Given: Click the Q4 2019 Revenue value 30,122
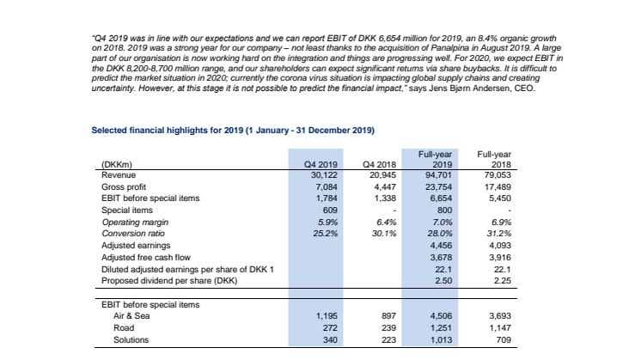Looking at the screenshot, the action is point(324,175).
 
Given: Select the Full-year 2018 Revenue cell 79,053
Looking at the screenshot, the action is point(498,175).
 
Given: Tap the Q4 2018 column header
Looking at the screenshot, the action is point(380,164).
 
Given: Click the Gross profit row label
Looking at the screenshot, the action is point(124,186).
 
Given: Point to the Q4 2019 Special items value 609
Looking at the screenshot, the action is point(330,210).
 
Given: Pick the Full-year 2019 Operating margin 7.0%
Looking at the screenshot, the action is point(443,223).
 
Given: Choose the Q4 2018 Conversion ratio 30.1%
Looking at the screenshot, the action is point(384,234).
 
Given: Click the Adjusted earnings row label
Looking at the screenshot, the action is point(136,246).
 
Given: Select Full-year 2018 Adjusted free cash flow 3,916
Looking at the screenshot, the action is point(500,258).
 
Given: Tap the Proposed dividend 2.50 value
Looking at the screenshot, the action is point(443,281).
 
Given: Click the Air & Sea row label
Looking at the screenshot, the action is point(131,316).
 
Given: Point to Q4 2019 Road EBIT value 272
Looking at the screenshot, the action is point(330,327).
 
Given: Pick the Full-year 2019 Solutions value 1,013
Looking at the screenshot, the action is point(441,339).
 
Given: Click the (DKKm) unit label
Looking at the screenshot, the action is point(117,165).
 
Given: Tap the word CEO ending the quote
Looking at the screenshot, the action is point(525,88).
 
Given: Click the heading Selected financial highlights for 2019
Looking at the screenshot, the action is point(233,131).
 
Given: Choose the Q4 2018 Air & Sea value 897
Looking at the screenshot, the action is point(388,316).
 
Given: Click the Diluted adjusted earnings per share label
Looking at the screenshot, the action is point(187,269).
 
